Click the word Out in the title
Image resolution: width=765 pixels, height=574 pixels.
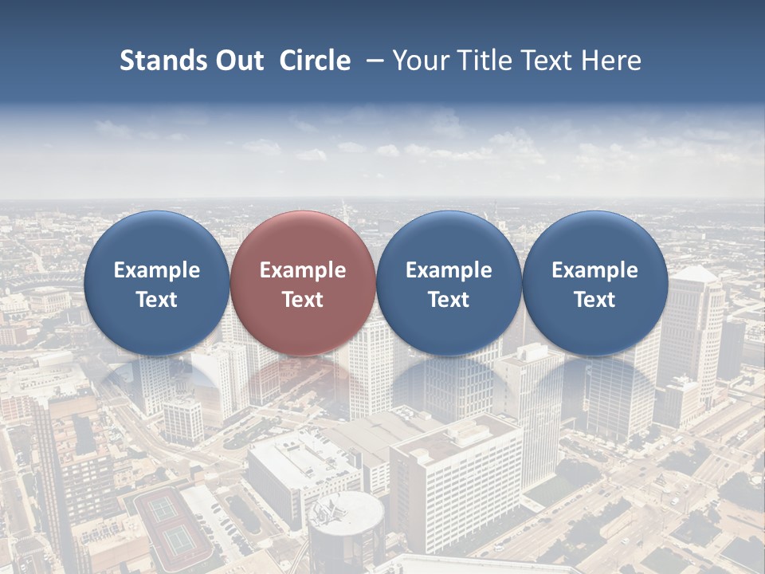[x=237, y=61]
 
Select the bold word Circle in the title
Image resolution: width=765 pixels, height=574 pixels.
[x=315, y=61]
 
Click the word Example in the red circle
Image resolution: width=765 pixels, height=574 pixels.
[x=303, y=270]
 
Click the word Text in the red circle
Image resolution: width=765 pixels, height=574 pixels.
[x=303, y=300]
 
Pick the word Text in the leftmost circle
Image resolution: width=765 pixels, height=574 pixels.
[x=156, y=300]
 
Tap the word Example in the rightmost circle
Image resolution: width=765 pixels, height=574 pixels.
[x=594, y=270]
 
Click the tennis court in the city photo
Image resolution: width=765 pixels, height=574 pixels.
[x=171, y=522]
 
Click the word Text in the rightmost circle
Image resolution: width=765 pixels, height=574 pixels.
[x=594, y=300]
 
